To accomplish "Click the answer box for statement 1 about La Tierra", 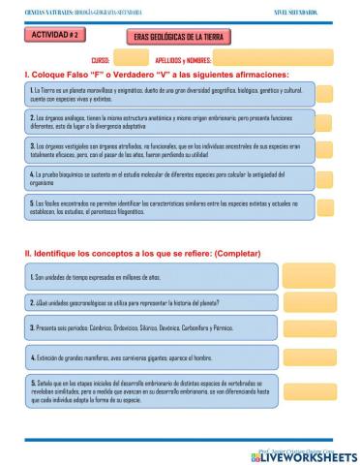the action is click(x=326, y=94).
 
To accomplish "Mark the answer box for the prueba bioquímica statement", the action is click(x=326, y=178).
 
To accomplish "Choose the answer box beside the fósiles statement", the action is click(x=326, y=206).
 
